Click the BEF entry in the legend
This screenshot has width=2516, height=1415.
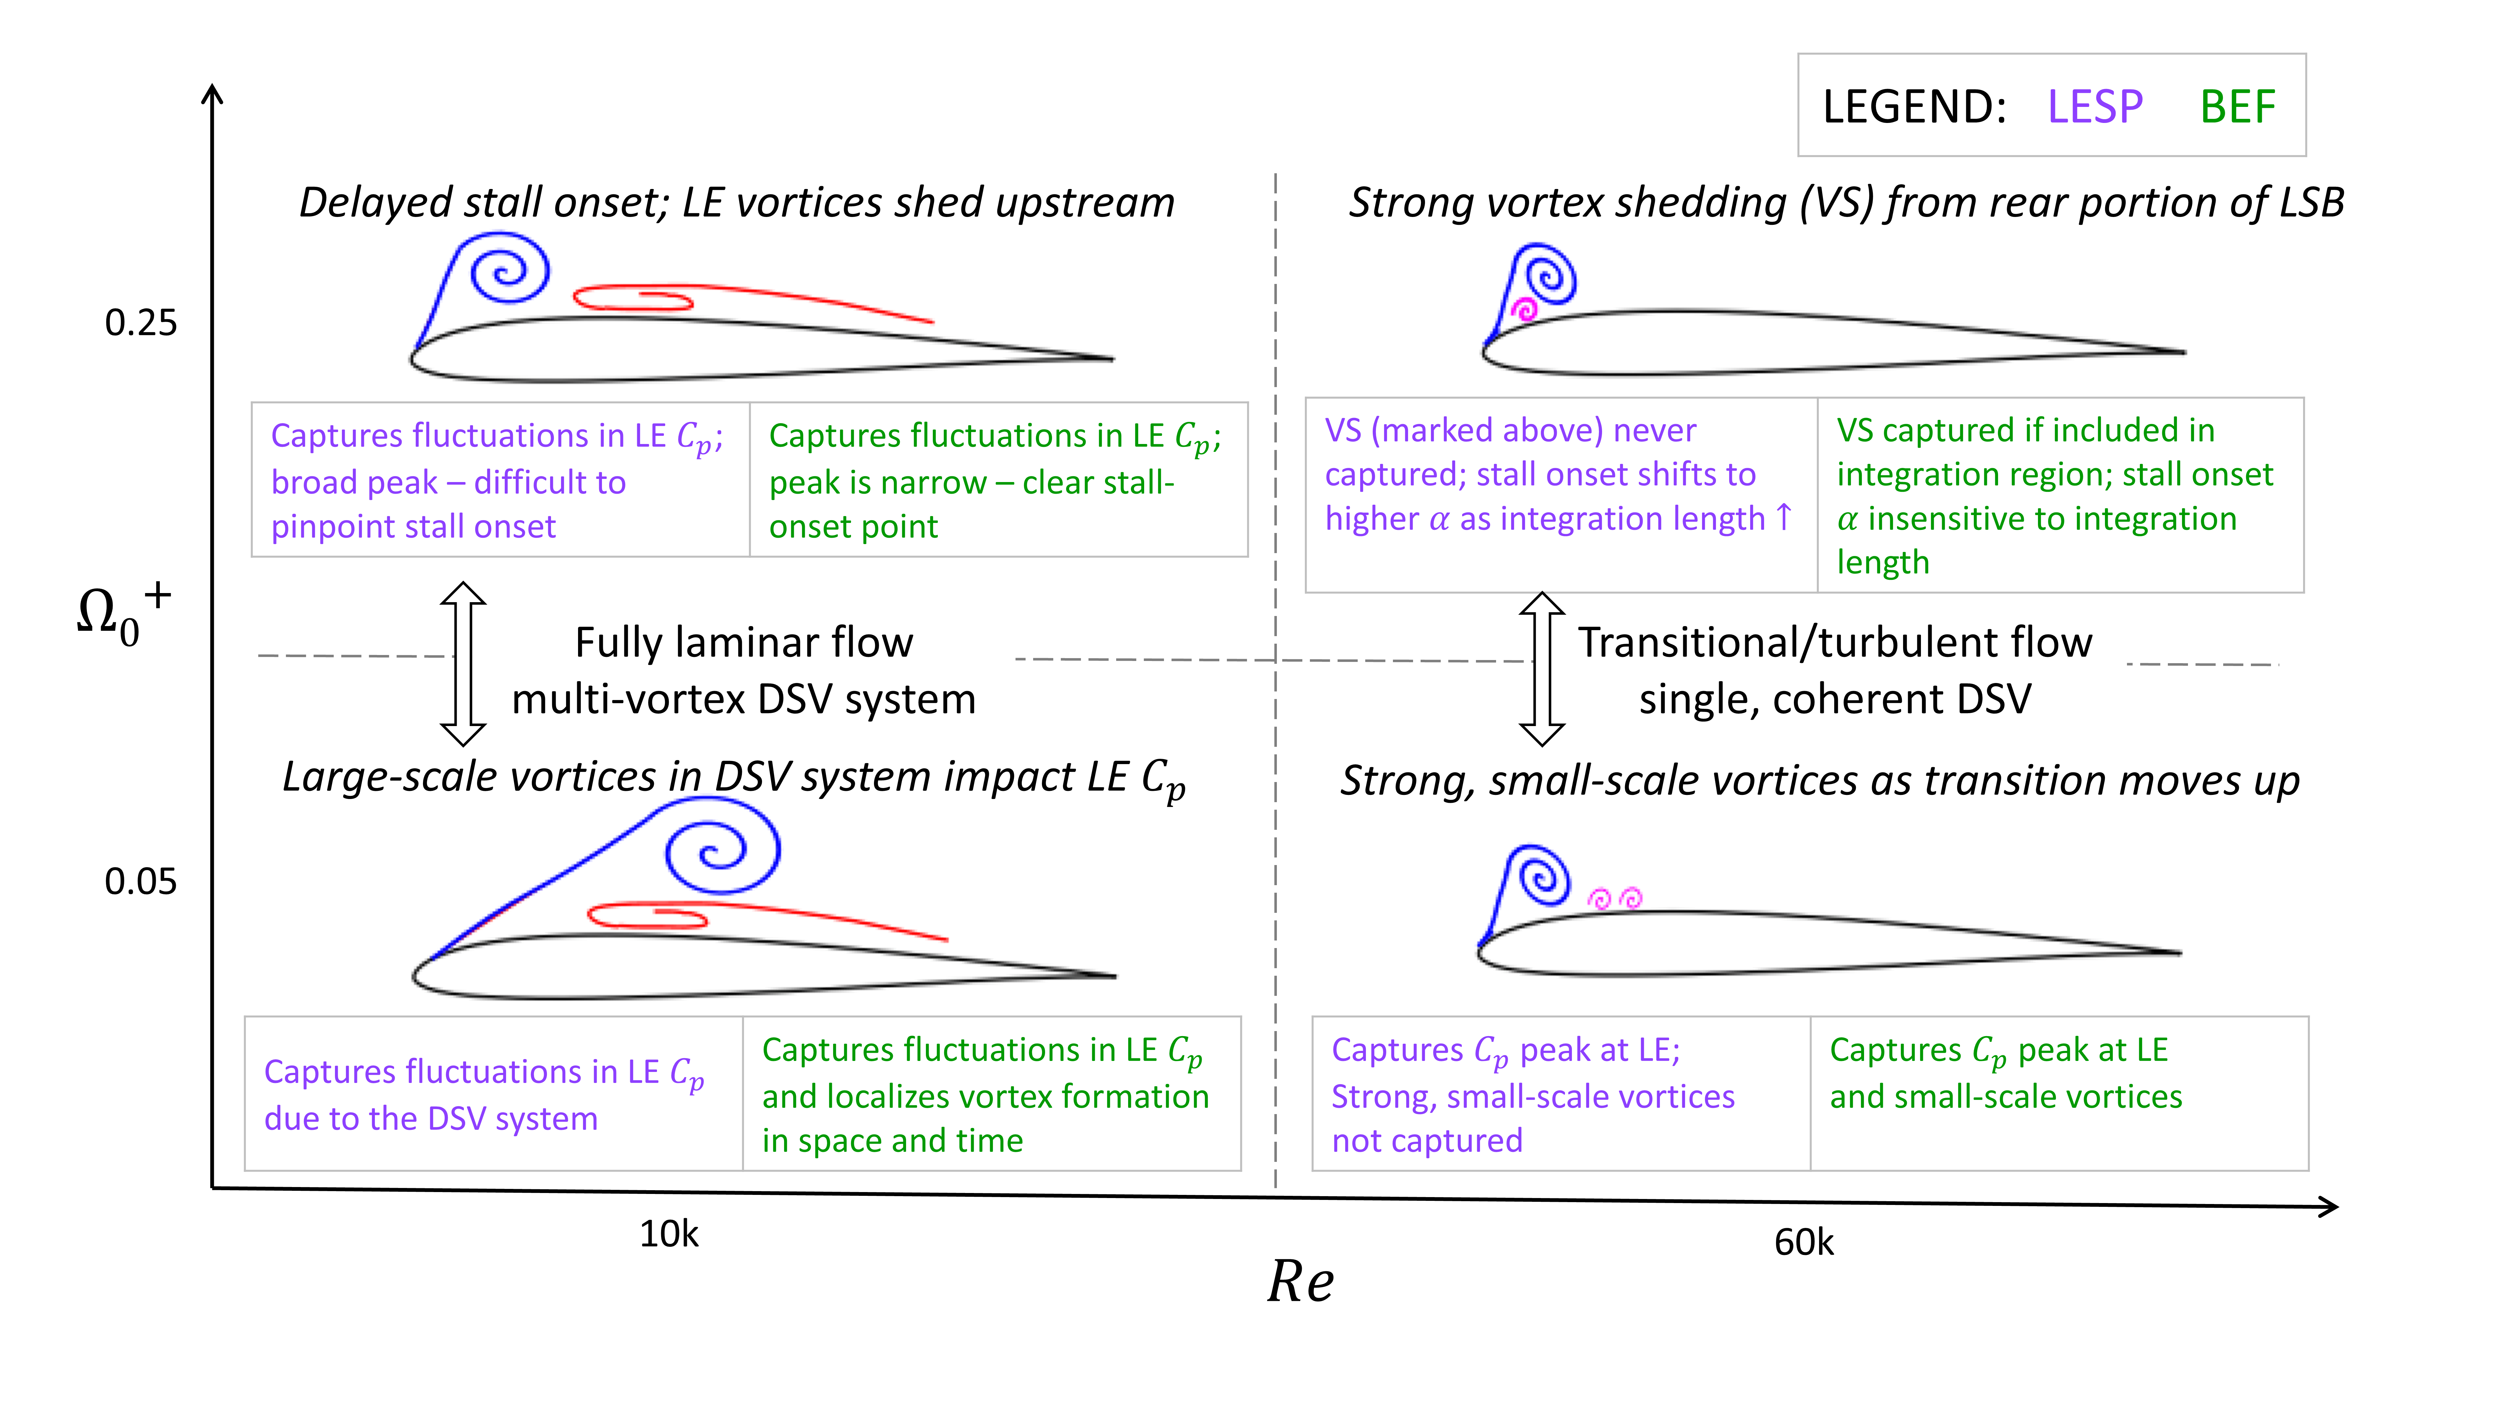point(2237,107)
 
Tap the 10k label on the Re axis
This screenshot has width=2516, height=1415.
point(669,1234)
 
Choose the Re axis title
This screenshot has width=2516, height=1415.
point(1300,1281)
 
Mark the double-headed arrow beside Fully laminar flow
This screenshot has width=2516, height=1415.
point(463,664)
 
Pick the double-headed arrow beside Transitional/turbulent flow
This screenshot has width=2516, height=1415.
point(1542,669)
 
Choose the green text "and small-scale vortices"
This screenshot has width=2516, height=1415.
point(2005,1097)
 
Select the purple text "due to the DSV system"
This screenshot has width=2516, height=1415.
point(431,1118)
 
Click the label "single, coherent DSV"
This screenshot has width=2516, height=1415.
point(1834,699)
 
